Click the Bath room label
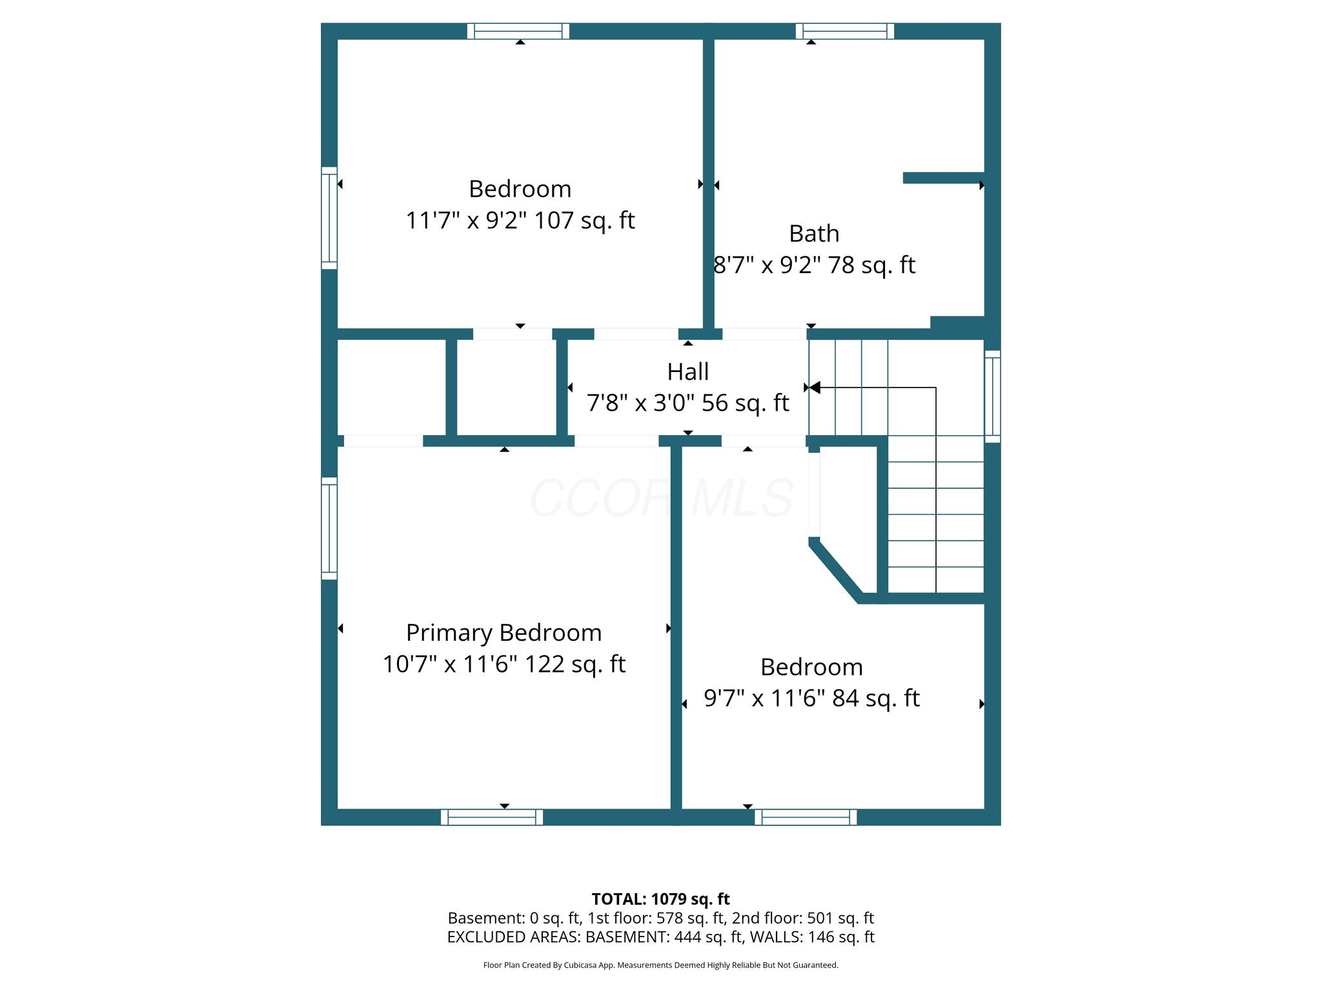pos(814,234)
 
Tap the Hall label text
pos(688,372)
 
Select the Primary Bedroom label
pos(503,634)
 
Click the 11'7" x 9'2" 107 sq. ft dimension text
pos(520,221)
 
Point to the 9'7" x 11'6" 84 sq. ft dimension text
pos(811,698)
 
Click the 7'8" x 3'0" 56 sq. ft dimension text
pos(688,403)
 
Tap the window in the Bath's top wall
pos(845,31)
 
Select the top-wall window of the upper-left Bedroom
pos(518,31)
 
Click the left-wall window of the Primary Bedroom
pos(329,528)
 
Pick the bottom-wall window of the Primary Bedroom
pos(492,817)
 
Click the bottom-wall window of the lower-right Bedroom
pos(806,817)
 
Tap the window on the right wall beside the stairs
pos(992,397)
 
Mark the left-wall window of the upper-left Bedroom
pos(329,218)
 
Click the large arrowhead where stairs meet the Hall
pos(815,387)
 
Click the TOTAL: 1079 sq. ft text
pos(660,899)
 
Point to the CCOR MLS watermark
pos(662,497)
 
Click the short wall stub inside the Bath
pos(944,178)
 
